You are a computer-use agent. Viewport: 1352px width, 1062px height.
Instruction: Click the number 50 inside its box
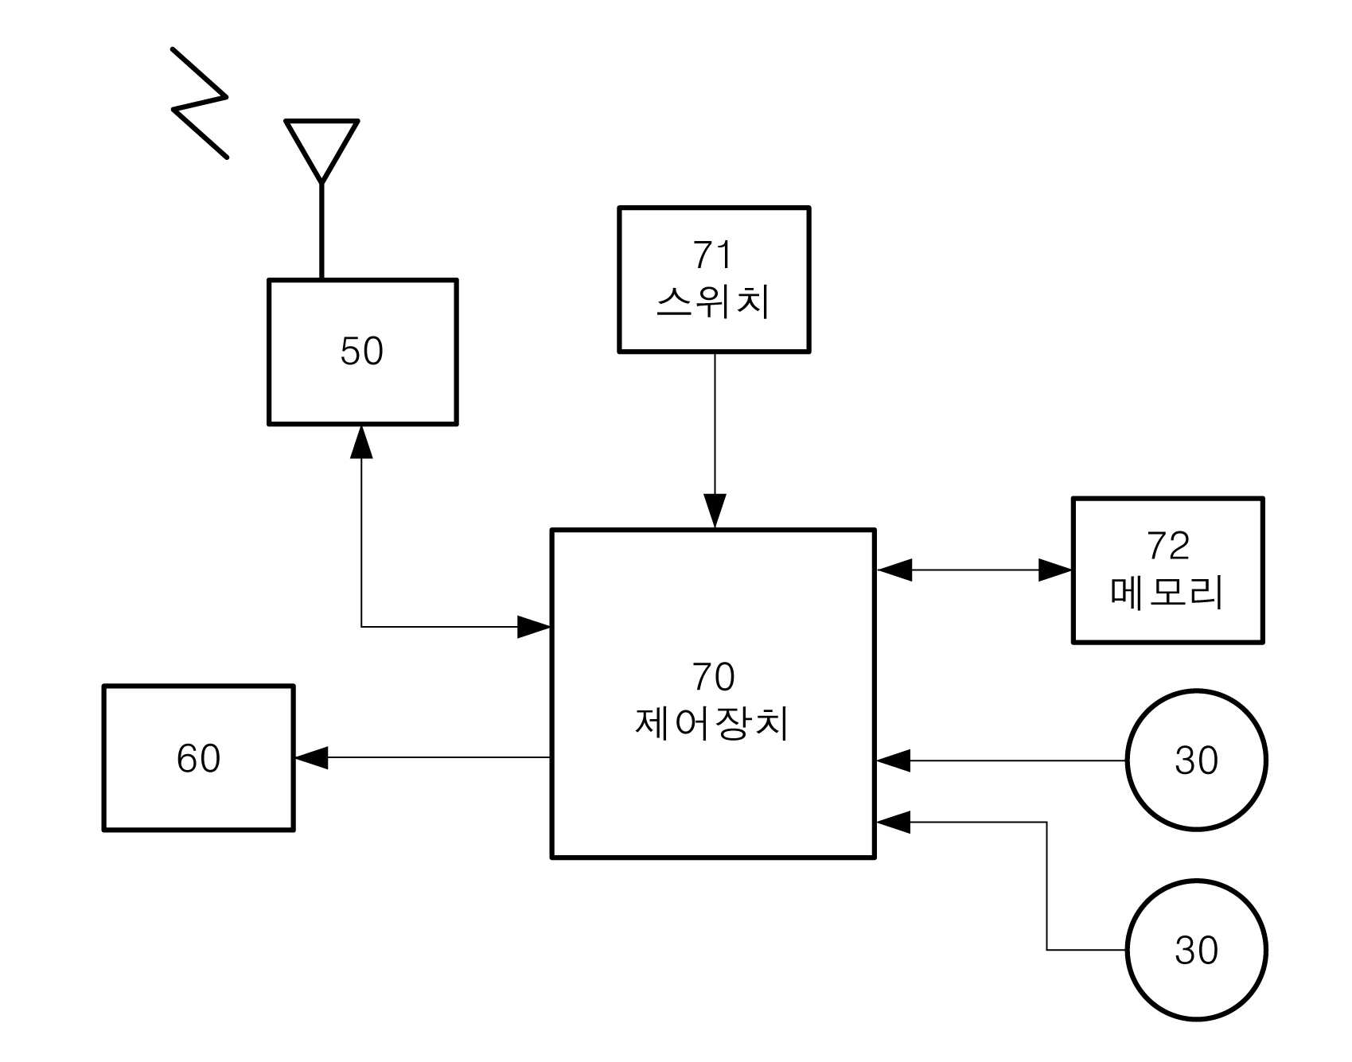point(362,351)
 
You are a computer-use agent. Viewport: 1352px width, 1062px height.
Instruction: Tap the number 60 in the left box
point(198,758)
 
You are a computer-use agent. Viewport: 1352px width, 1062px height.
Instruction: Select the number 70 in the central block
point(713,677)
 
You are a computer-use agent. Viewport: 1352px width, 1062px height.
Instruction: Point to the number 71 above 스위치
point(712,255)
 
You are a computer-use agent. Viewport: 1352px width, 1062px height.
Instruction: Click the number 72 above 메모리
point(1168,546)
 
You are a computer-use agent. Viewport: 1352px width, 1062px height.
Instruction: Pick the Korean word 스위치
point(713,302)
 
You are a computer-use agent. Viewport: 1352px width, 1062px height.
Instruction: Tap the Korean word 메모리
point(1167,593)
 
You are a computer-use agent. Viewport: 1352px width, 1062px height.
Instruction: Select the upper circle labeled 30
point(1196,690)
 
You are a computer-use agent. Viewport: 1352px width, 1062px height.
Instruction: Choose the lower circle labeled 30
point(1196,881)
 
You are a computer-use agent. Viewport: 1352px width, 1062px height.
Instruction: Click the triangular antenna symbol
point(321,122)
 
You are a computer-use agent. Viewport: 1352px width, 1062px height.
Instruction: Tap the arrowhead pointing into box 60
point(311,757)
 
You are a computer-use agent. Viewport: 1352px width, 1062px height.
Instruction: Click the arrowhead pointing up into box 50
point(362,442)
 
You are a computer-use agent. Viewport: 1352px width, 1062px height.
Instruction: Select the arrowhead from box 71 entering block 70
point(715,511)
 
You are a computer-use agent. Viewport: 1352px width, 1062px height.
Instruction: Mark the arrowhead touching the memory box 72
point(1055,570)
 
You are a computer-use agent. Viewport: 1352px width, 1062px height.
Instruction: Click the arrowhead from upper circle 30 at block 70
point(893,761)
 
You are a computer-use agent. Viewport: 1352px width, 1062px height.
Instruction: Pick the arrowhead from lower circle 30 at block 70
point(893,822)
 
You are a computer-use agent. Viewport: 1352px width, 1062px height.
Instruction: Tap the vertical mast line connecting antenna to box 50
point(321,231)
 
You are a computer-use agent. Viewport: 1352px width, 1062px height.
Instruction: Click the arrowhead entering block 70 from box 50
point(534,627)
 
